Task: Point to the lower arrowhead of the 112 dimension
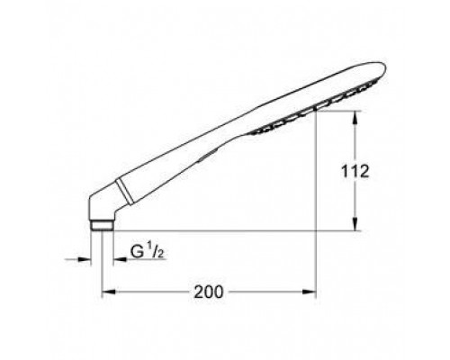(356, 227)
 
